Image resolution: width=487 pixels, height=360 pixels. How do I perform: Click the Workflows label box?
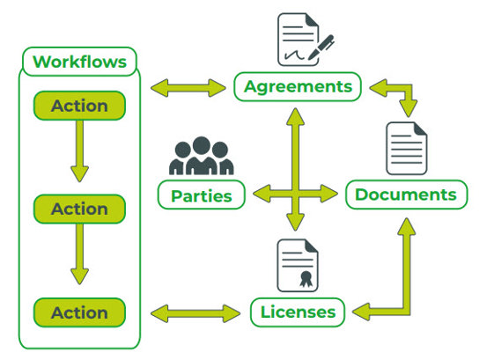coord(79,62)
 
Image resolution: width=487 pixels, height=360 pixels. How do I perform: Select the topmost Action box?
coord(79,106)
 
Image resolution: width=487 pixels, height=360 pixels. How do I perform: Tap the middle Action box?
coord(79,209)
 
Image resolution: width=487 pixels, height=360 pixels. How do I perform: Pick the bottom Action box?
coord(79,312)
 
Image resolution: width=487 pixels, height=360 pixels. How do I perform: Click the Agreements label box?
coord(298,86)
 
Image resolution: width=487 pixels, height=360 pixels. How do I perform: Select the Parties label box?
coord(202,195)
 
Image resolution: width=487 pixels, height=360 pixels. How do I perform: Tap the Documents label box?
coord(406,195)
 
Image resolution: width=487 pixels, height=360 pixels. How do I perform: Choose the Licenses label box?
coord(298,312)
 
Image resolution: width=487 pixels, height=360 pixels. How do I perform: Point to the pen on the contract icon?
coord(321,48)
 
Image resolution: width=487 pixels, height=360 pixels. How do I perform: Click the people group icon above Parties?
coord(202,156)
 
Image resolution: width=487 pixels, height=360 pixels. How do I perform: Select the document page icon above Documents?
coord(407,149)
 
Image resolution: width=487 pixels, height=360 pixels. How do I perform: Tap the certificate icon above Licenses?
coord(298,265)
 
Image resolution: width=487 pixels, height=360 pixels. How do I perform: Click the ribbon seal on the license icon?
coord(306,279)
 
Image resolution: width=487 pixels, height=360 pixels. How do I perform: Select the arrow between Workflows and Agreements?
coord(188,88)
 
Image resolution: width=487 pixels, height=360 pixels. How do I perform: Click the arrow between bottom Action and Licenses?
coord(196,313)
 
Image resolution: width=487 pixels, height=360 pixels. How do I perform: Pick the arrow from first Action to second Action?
coord(79,151)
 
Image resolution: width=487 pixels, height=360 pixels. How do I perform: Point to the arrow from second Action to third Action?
coord(79,254)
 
